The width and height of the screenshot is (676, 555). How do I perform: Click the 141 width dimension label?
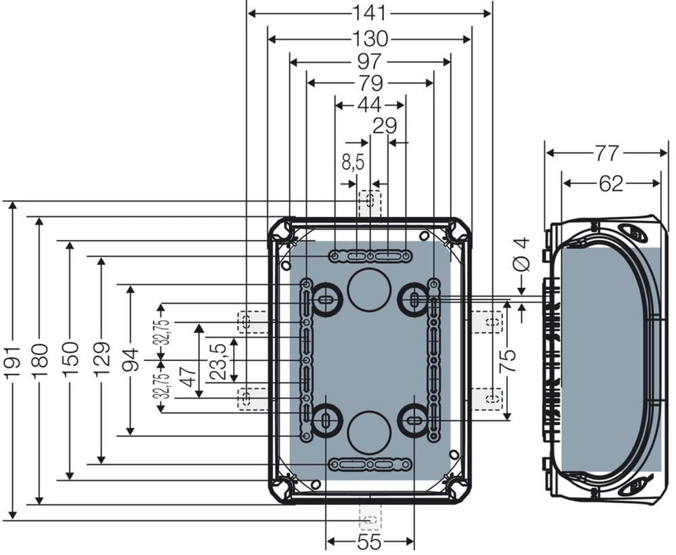[370, 13]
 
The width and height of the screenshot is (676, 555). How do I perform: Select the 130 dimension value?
[370, 39]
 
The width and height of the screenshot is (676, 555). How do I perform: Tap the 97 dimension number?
[370, 62]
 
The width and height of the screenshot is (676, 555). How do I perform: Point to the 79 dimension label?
[370, 82]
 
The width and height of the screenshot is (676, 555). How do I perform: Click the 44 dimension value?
[370, 104]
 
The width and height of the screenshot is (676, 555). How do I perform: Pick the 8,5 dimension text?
[353, 163]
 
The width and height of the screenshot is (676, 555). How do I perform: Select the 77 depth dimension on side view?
[606, 153]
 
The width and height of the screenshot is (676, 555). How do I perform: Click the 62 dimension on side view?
[611, 184]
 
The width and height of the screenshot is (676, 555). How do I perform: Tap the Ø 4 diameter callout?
[522, 255]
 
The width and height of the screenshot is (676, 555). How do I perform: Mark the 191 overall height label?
[14, 362]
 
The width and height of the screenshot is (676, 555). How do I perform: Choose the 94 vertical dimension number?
[130, 359]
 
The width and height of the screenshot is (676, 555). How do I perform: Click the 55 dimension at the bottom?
[370, 541]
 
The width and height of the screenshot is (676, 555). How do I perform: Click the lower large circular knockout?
[369, 432]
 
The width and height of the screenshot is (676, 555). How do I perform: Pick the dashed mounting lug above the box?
[370, 203]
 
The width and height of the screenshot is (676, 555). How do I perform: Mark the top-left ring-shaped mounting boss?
[326, 298]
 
